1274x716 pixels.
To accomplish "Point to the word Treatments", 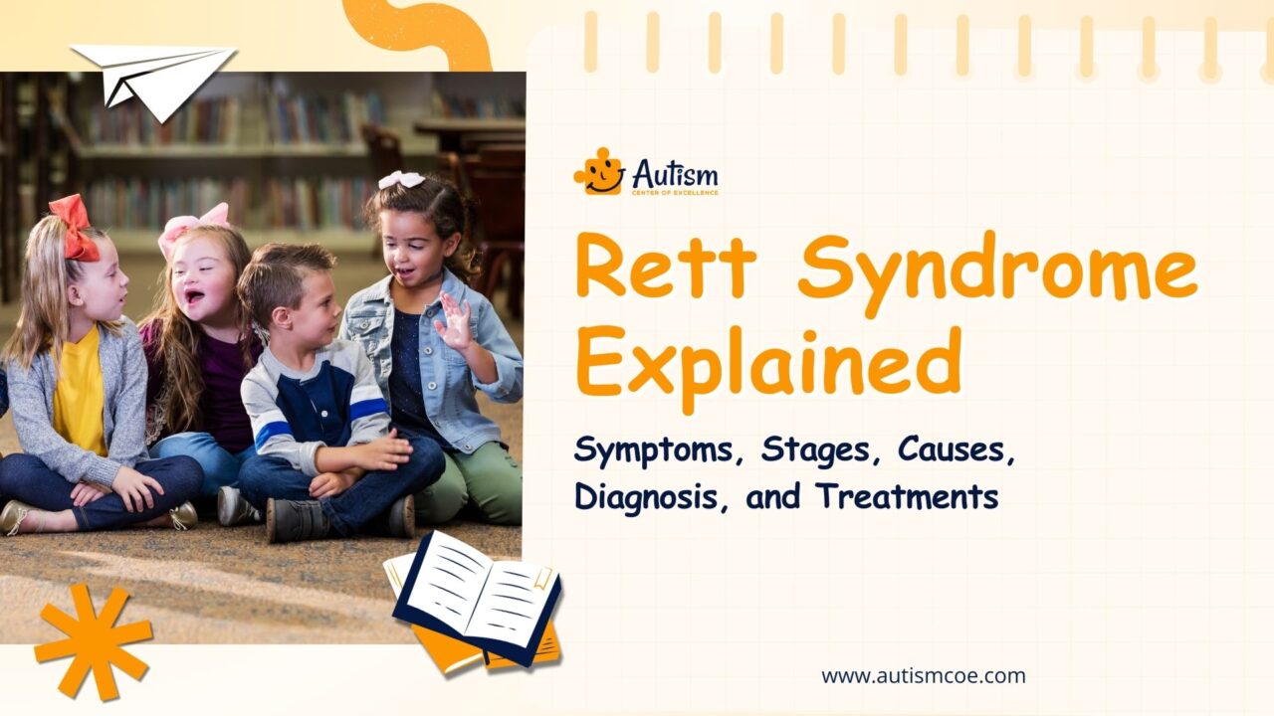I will click(907, 495).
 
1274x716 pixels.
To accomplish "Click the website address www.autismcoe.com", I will click(923, 676).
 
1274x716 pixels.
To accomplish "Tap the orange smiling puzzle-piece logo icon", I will click(598, 171).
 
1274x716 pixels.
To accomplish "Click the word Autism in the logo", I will click(674, 171).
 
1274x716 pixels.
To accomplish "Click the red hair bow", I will click(76, 227).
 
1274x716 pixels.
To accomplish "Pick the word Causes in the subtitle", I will click(955, 450).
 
